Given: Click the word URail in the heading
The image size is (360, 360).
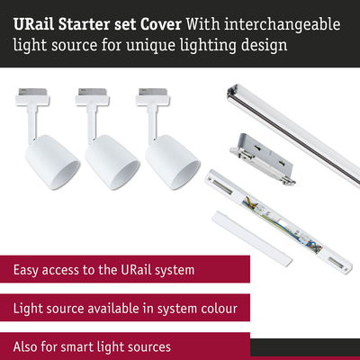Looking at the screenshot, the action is click(34, 24).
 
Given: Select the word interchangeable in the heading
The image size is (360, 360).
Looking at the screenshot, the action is click(283, 25).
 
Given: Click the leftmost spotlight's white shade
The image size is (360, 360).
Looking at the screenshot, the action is click(52, 162).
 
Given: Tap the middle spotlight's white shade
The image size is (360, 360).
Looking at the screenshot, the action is click(112, 162).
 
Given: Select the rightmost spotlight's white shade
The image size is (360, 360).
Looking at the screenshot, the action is click(173, 162).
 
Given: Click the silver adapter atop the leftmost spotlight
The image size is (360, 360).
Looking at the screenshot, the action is click(32, 92).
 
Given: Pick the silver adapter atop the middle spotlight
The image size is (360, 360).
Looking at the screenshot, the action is click(93, 92).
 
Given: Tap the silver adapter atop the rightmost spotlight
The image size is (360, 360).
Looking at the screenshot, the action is click(153, 92).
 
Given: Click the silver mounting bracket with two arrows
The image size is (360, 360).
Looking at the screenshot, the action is click(263, 159).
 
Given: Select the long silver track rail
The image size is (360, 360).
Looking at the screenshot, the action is click(293, 136).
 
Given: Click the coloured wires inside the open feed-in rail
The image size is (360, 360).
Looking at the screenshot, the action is click(282, 222).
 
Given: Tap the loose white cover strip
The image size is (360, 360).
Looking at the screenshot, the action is click(252, 238).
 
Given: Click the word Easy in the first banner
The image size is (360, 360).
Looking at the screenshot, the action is click(26, 270).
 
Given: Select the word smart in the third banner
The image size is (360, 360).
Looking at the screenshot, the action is click(75, 347).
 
